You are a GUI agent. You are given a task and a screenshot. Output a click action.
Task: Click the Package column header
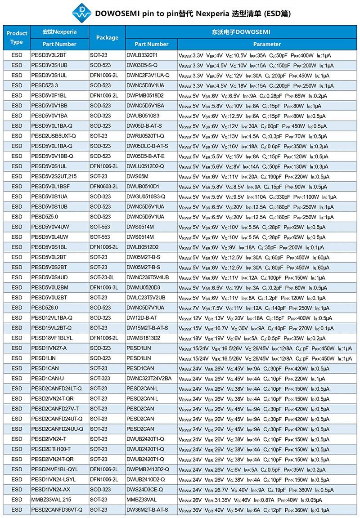tap(107, 38)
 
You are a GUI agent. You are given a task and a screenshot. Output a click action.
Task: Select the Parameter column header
tap(267, 44)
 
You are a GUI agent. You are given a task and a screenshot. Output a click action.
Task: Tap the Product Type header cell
tap(17, 38)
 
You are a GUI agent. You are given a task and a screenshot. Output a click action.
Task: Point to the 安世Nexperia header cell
tap(59, 32)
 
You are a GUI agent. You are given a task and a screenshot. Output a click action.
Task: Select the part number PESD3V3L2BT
tap(49, 55)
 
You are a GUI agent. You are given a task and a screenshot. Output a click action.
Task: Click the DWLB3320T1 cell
tap(142, 55)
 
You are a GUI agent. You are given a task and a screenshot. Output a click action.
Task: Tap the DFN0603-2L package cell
tap(104, 186)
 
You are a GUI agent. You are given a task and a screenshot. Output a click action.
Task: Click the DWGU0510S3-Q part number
tap(146, 196)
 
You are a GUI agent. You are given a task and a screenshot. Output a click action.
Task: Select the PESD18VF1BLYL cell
tap(52, 338)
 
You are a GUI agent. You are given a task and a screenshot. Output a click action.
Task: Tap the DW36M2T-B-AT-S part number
tap(147, 509)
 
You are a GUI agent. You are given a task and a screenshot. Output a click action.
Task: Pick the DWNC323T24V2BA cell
tap(149, 379)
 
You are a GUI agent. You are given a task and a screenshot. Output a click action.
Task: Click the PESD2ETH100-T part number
tap(51, 449)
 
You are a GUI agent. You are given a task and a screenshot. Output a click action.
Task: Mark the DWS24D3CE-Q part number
tap(144, 489)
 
